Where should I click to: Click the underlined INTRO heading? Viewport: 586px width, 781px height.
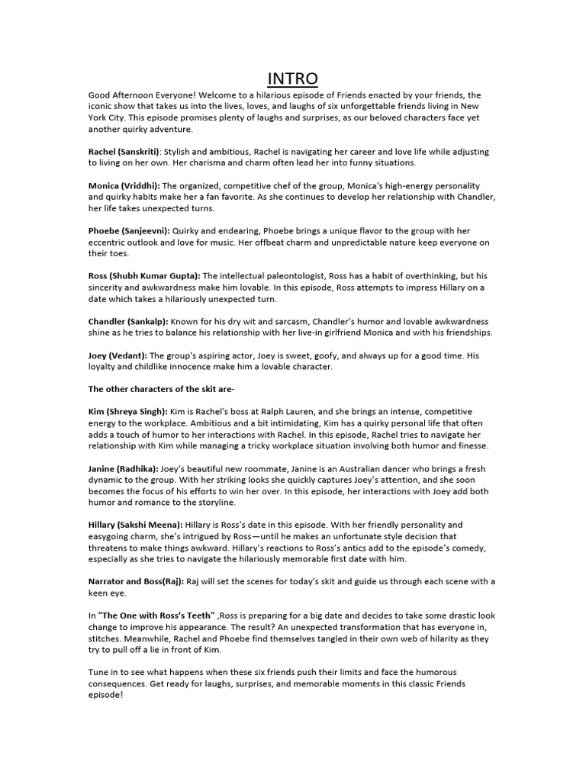coord(293,79)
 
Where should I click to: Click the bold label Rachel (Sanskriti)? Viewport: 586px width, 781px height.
coord(124,152)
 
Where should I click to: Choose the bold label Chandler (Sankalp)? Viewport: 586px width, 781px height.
coord(127,321)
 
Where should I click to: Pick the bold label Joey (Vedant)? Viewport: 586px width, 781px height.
coord(118,355)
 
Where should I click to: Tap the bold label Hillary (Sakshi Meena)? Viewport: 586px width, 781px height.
coord(135,525)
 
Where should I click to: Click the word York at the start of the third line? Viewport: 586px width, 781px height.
coord(100,118)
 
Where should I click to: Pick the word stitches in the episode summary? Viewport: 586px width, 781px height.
coord(104,638)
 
